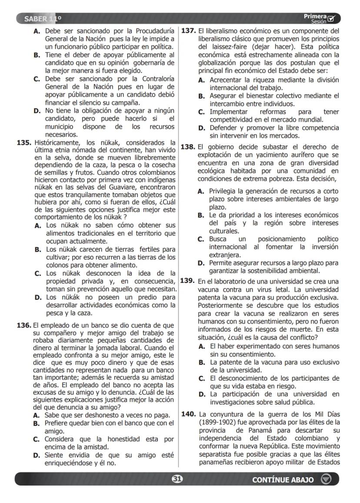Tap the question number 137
[x=189, y=31]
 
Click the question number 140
[x=189, y=414]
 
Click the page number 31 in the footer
[x=177, y=479]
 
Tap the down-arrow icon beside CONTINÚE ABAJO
[x=326, y=479]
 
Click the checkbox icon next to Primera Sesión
[x=332, y=19]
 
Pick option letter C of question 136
[x=37, y=439]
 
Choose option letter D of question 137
[x=202, y=128]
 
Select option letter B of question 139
[x=202, y=362]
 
